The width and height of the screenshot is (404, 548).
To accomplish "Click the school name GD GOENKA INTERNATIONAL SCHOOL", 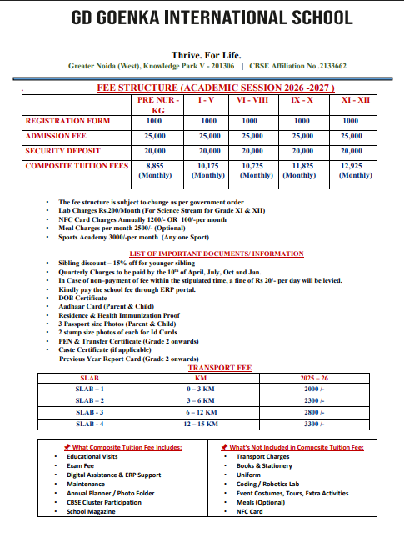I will point(202,18).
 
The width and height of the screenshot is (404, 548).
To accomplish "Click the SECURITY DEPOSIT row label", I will point(62,151).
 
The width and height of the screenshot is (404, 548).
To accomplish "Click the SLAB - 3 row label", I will point(90,412).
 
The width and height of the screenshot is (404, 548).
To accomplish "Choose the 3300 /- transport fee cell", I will point(312,424).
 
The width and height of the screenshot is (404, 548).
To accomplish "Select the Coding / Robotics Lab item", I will point(271,484).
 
